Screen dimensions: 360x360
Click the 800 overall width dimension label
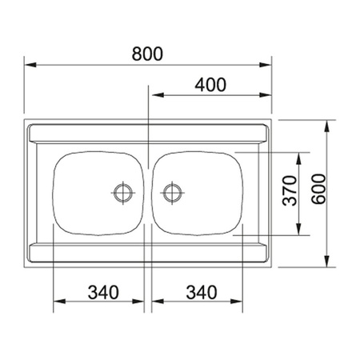(x=147, y=54)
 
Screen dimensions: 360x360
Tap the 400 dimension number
(x=210, y=85)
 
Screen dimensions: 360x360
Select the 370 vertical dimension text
(x=290, y=190)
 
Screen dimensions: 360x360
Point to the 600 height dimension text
(x=319, y=189)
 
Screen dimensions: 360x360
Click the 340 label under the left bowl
(x=103, y=292)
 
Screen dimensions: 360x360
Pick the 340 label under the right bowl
(x=202, y=292)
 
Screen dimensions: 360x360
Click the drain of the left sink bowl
(x=123, y=193)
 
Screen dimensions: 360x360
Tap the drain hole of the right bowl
(x=173, y=193)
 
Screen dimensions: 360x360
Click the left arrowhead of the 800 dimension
(x=30, y=65)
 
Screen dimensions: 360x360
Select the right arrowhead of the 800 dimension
(x=266, y=65)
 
